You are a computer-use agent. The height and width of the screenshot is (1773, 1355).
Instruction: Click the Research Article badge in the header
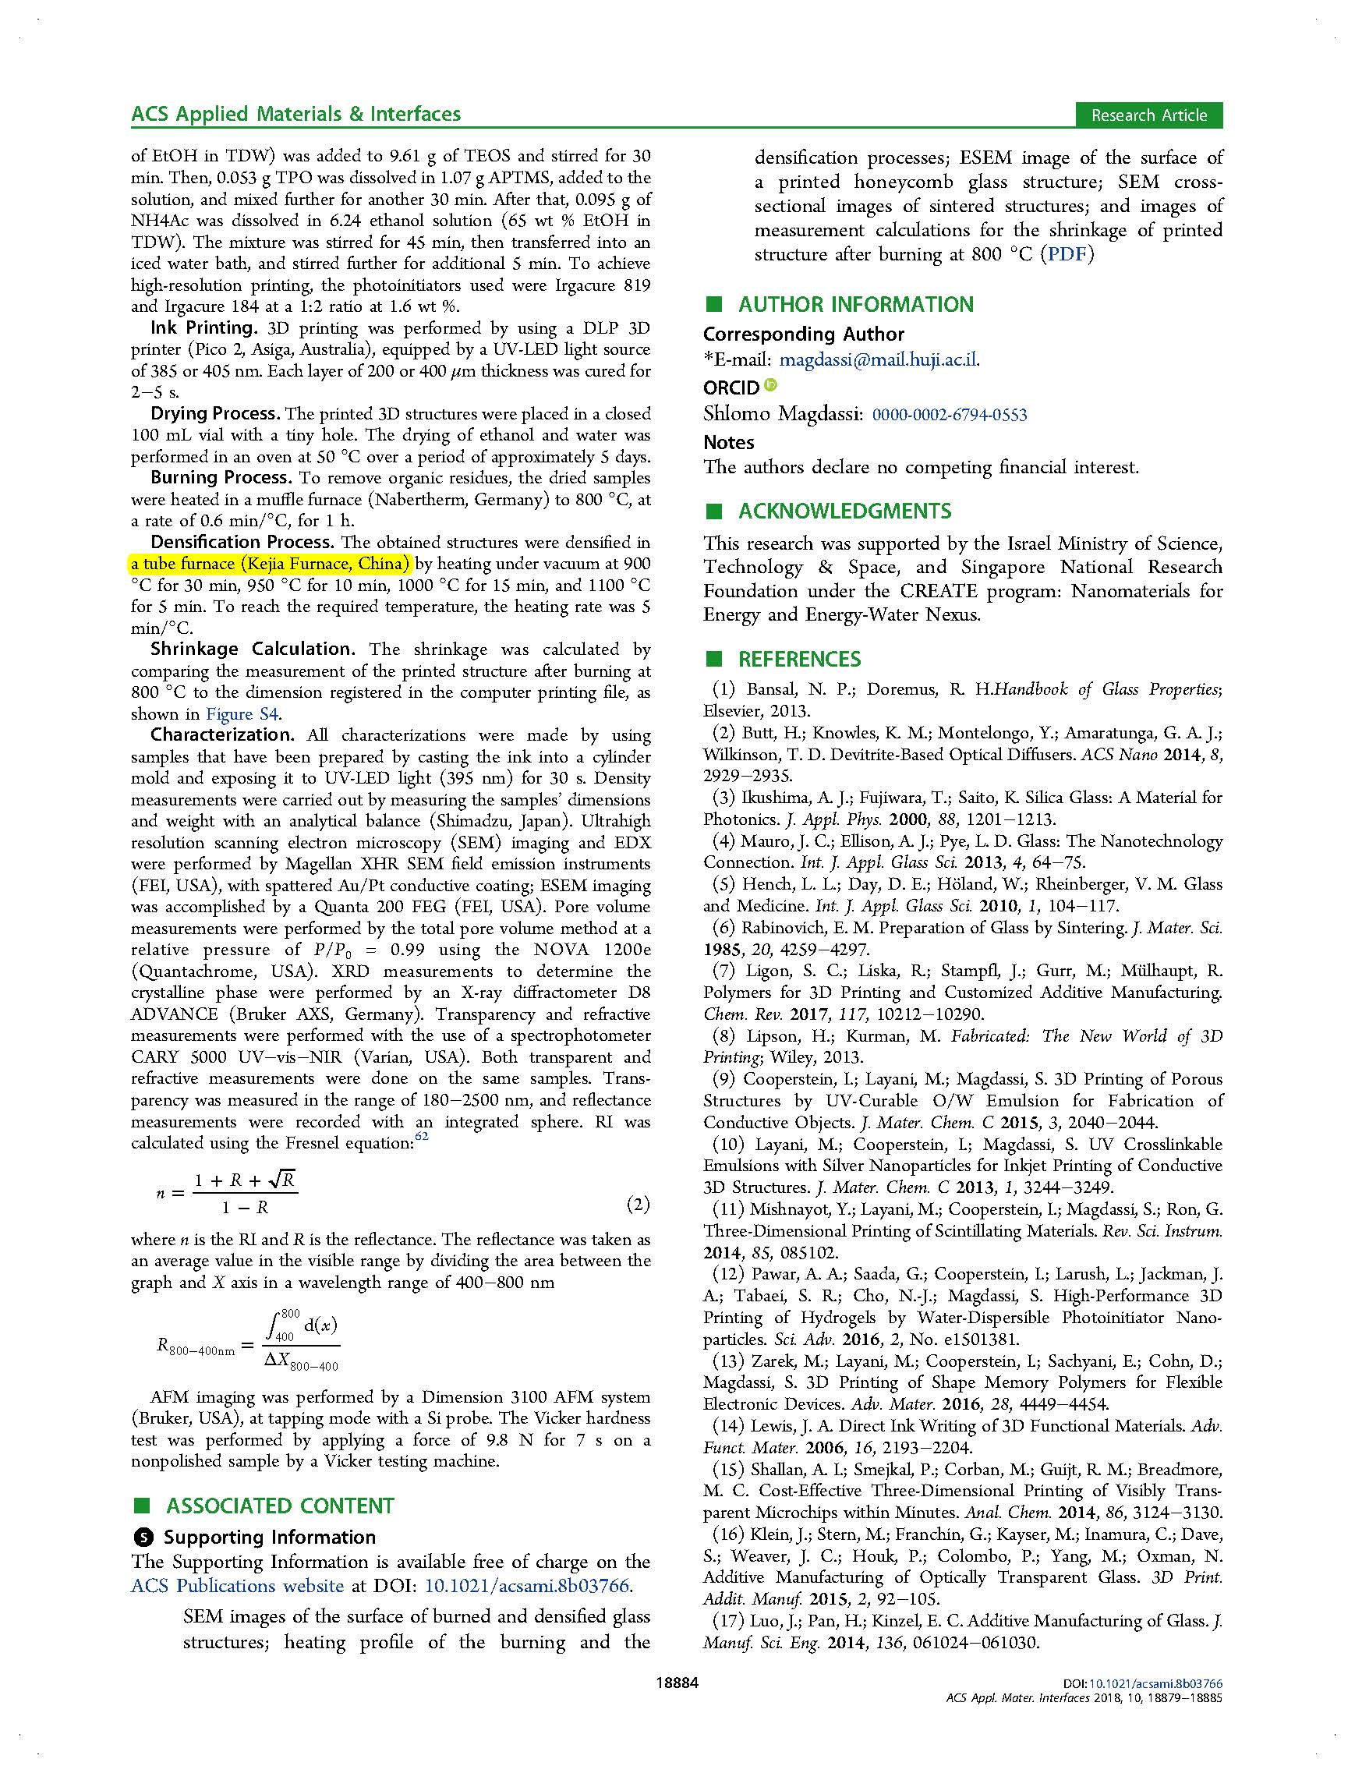coord(1148,115)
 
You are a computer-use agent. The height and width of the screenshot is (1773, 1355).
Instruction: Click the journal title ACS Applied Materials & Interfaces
coord(296,114)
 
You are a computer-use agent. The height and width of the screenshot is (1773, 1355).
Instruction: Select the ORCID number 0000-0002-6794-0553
coord(950,415)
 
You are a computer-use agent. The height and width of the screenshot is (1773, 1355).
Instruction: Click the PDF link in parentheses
coord(1067,255)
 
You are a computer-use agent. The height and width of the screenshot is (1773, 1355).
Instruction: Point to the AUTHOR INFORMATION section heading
coord(856,305)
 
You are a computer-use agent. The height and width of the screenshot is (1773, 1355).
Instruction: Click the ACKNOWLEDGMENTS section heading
coord(844,511)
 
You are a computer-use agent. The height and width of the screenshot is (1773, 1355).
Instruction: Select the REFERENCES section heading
coord(799,660)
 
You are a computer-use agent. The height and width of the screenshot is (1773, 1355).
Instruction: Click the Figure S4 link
coord(242,714)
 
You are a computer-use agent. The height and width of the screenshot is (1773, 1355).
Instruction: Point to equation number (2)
coord(637,1205)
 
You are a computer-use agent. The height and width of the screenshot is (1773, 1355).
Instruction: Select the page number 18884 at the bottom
coord(677,1683)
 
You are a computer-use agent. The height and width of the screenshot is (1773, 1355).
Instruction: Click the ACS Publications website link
coord(237,1585)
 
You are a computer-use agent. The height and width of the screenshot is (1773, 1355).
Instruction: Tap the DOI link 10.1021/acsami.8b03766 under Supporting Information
coord(527,1585)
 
